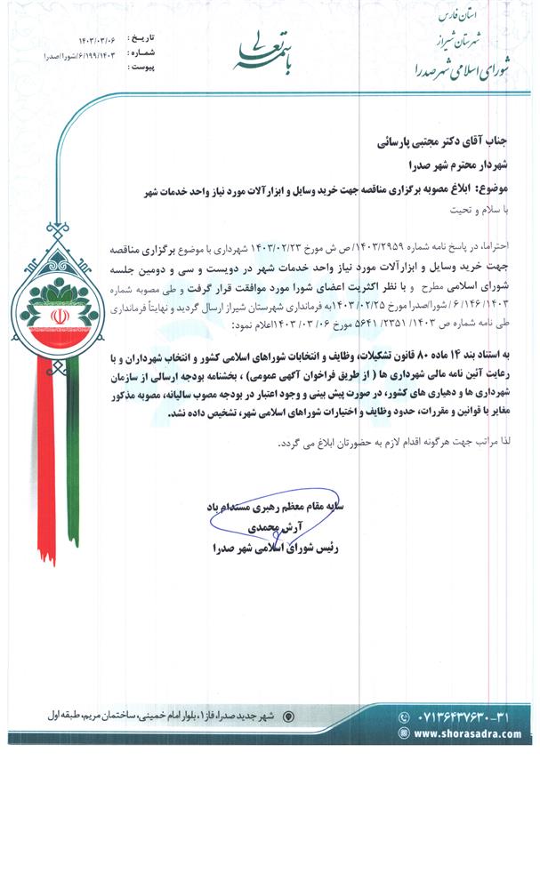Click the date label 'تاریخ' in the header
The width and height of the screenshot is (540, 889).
tap(141, 40)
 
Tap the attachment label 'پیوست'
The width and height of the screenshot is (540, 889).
tap(141, 66)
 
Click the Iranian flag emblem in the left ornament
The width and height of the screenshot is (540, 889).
tap(50, 316)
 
